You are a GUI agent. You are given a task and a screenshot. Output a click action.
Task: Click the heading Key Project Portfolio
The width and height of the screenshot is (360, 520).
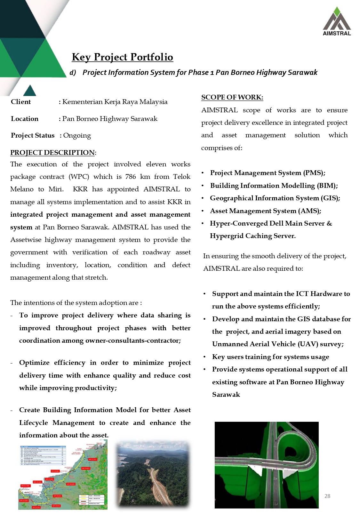click(122, 57)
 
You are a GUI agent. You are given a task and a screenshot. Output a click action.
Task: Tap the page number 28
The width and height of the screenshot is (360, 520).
click(327, 496)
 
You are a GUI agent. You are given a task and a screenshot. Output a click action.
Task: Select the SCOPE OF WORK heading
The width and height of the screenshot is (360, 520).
click(232, 97)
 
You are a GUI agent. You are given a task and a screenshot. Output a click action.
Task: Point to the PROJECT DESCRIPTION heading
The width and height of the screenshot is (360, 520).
click(52, 153)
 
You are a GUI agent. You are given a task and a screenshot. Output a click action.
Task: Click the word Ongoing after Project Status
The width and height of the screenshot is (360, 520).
click(77, 135)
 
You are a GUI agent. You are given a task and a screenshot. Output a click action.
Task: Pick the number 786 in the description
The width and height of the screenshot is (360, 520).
click(131, 177)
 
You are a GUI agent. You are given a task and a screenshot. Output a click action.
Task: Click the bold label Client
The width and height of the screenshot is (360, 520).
click(21, 102)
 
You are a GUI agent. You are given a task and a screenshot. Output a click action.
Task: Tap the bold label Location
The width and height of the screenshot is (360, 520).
click(25, 119)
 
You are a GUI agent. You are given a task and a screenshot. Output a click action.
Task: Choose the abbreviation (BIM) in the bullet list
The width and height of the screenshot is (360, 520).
click(327, 186)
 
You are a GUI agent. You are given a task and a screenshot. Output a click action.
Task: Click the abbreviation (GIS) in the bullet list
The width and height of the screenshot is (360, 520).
click(330, 198)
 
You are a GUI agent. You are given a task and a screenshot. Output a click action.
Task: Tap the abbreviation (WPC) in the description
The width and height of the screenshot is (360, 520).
click(79, 177)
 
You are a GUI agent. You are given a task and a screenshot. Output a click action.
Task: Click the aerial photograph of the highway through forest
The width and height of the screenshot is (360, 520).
click(153, 474)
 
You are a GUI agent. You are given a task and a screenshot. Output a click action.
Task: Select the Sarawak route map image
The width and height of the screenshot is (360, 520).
click(63, 475)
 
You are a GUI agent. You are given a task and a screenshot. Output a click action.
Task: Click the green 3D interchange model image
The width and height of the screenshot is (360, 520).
click(267, 465)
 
